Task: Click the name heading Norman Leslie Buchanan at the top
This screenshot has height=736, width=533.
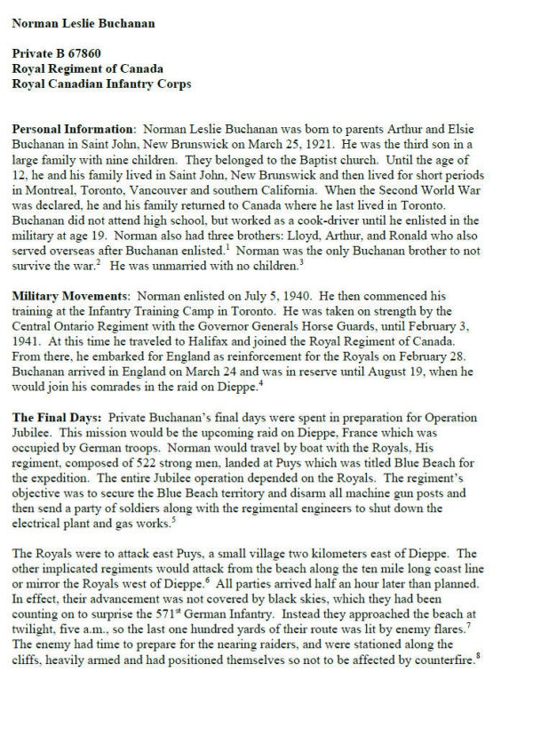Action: [x=84, y=23]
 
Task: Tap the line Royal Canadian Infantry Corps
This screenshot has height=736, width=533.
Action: [x=102, y=84]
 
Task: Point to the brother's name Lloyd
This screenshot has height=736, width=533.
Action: [x=280, y=244]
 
